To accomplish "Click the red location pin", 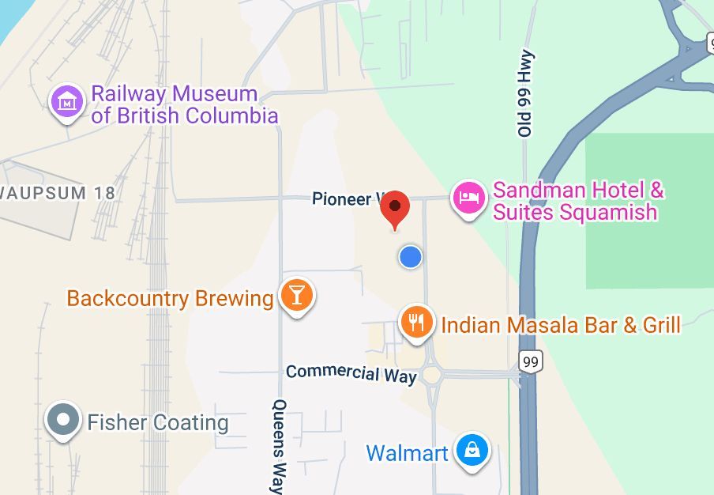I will click(x=395, y=209).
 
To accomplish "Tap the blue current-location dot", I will click(x=410, y=256).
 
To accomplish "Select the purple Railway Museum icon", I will click(x=68, y=102).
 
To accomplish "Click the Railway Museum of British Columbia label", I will click(x=185, y=104).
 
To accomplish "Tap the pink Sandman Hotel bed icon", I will click(x=470, y=198).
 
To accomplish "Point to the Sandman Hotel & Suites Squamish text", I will click(x=577, y=201).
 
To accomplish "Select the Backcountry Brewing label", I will click(x=170, y=298).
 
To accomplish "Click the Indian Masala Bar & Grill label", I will click(x=561, y=324).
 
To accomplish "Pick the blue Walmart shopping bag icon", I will click(x=472, y=452).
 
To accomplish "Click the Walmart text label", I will click(x=407, y=453).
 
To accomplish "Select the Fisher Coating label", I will click(x=157, y=422).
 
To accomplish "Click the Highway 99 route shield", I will click(x=530, y=362).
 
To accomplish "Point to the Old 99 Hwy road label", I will click(x=527, y=94).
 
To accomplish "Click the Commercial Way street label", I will click(x=351, y=373).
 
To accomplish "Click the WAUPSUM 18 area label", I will click(x=58, y=192).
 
